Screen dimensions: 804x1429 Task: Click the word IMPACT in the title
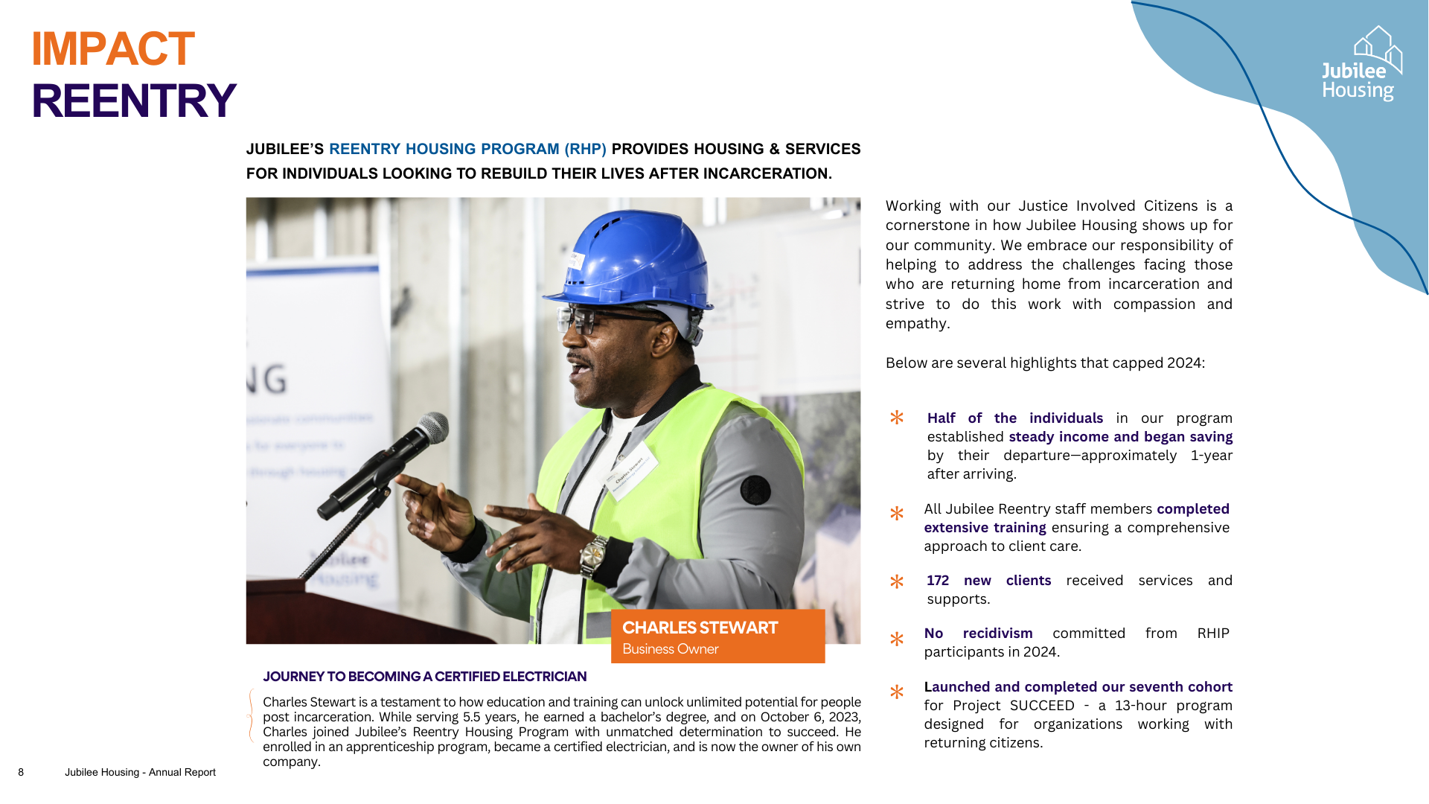point(113,49)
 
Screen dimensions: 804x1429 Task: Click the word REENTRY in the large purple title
point(134,101)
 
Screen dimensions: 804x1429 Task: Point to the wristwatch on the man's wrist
point(593,555)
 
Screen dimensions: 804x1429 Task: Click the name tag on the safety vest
point(630,470)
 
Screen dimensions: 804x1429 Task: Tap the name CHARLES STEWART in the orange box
point(700,628)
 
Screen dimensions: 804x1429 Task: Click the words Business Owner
point(670,649)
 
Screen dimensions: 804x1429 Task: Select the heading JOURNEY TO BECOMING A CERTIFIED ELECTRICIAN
point(424,677)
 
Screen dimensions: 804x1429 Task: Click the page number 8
point(21,772)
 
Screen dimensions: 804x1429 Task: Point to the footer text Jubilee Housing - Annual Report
point(140,772)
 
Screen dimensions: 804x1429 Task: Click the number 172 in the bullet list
point(938,581)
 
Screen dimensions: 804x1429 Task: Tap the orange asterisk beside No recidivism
point(897,639)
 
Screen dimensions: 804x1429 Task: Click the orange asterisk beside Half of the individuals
point(897,418)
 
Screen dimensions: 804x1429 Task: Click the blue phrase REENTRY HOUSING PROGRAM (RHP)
point(467,149)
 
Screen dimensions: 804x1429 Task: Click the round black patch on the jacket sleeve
point(755,490)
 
